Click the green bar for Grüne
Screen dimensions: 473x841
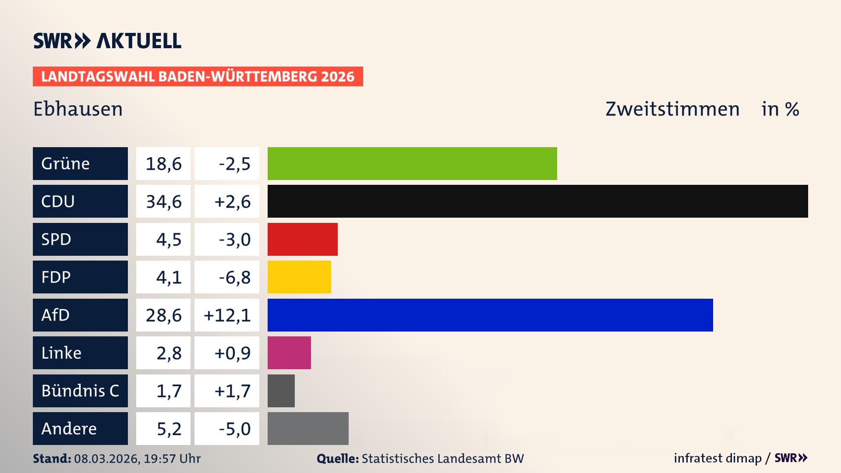point(412,163)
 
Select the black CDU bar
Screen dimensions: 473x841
point(537,201)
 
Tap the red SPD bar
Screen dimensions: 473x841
point(302,239)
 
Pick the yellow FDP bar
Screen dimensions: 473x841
point(299,277)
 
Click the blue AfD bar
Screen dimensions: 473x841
point(490,315)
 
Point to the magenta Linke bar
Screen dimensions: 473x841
point(289,353)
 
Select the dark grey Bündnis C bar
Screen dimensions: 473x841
point(281,391)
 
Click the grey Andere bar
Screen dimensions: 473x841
point(308,428)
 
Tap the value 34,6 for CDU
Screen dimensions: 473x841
point(163,201)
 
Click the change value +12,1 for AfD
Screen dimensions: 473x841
point(227,315)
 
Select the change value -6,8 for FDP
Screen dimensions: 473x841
point(234,277)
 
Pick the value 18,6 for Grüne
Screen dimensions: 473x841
point(163,164)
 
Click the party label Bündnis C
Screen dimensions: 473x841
point(80,391)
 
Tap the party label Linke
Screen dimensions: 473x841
point(61,353)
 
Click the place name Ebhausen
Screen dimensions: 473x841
point(78,109)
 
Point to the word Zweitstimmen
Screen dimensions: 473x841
point(672,109)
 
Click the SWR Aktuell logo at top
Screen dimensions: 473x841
point(107,41)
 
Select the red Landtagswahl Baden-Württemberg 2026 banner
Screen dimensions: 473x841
point(198,77)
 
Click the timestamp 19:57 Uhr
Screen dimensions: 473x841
point(172,459)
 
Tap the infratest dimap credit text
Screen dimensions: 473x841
point(717,458)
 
